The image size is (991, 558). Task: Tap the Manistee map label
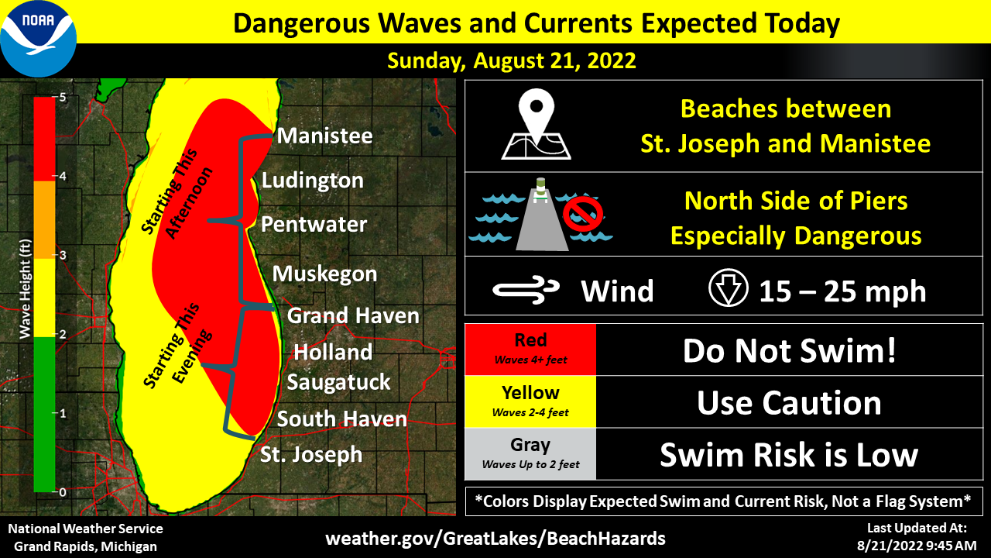pyautogui.click(x=324, y=136)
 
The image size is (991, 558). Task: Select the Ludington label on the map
pyautogui.click(x=312, y=181)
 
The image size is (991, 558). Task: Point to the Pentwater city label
pyautogui.click(x=314, y=225)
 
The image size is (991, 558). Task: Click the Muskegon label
pyautogui.click(x=324, y=274)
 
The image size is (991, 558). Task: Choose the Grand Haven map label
pyautogui.click(x=353, y=315)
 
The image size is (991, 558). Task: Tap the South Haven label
pyautogui.click(x=341, y=419)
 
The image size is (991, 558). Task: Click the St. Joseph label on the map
pyautogui.click(x=311, y=454)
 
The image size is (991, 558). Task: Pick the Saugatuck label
pyautogui.click(x=338, y=382)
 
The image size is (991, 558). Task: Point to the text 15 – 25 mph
pyautogui.click(x=842, y=291)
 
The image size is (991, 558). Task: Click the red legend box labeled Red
pyautogui.click(x=530, y=349)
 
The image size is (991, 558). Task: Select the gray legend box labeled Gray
pyautogui.click(x=530, y=454)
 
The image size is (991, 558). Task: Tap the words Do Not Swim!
pyautogui.click(x=789, y=350)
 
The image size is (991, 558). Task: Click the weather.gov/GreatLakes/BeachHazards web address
pyautogui.click(x=495, y=538)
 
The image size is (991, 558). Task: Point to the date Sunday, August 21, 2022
pyautogui.click(x=512, y=60)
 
